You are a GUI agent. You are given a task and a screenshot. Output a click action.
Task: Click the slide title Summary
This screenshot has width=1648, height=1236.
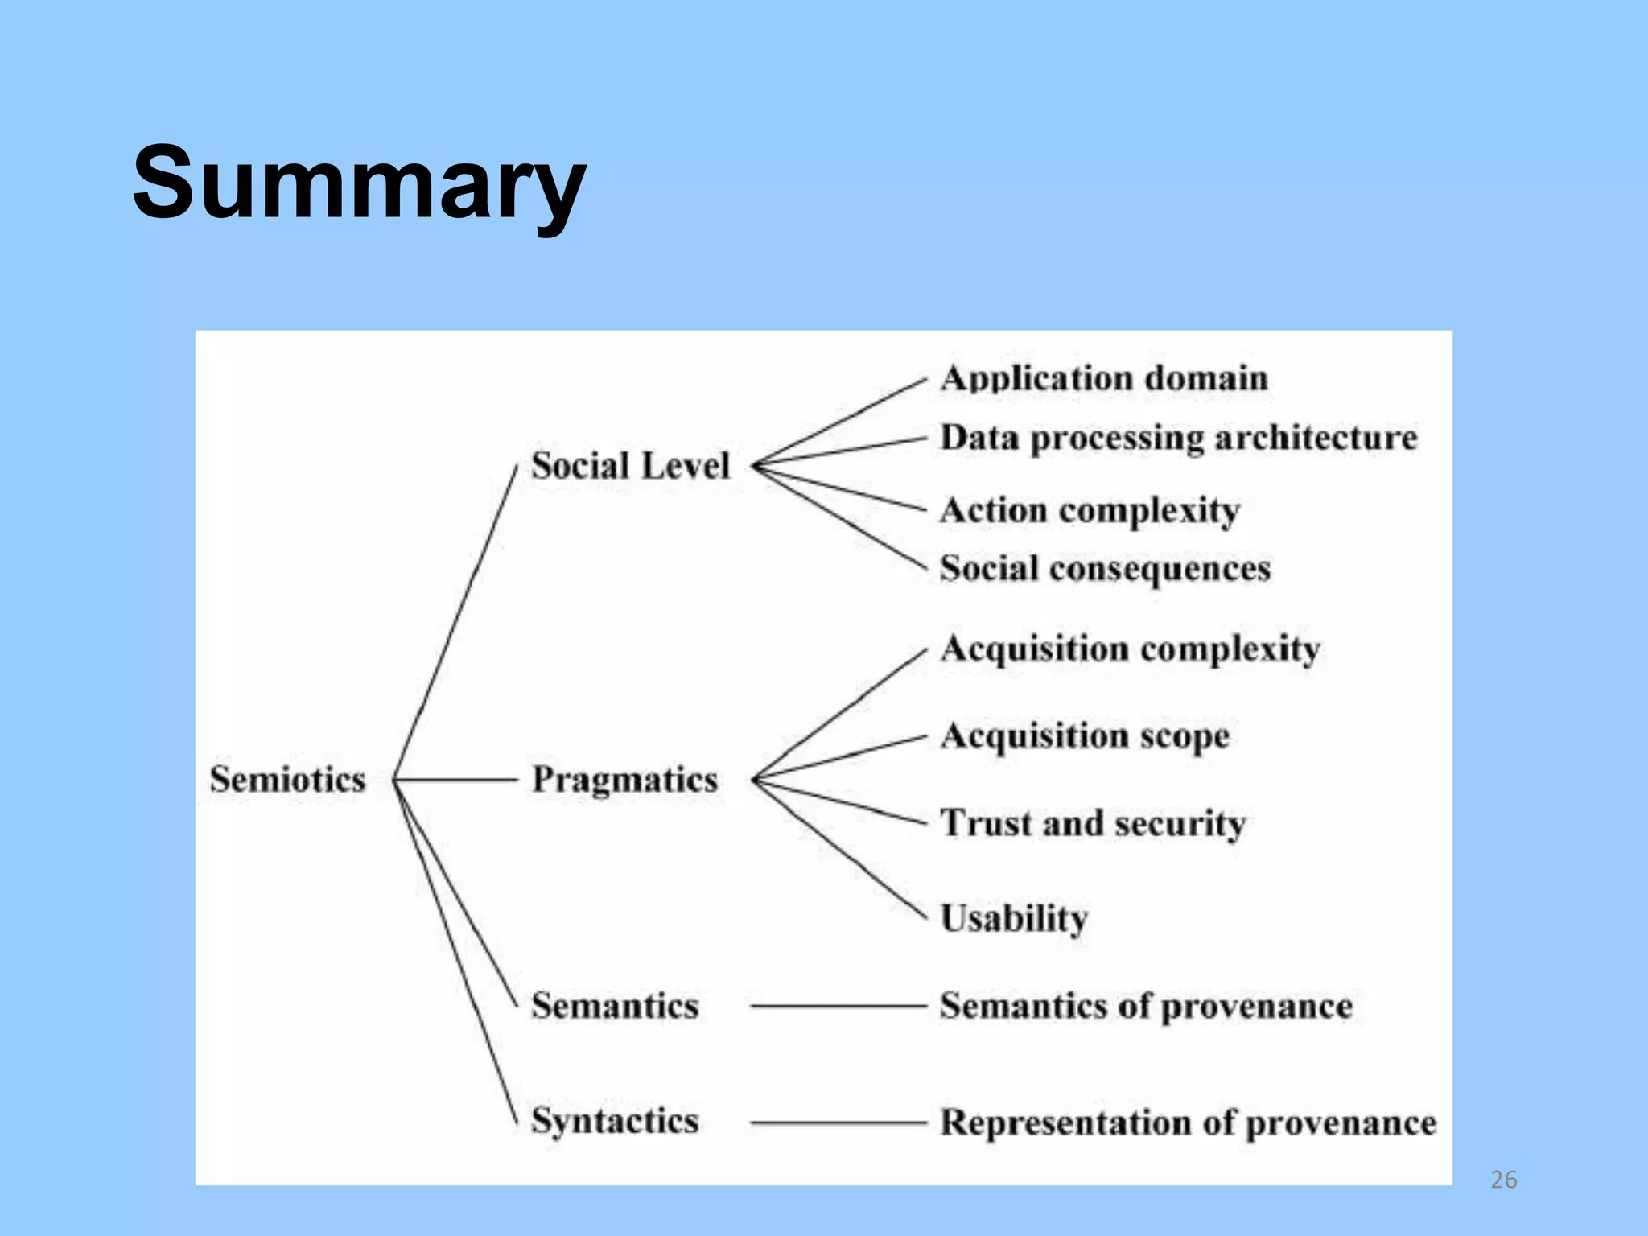(x=359, y=183)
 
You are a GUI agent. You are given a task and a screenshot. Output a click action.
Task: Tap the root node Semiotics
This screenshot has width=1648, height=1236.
(x=287, y=779)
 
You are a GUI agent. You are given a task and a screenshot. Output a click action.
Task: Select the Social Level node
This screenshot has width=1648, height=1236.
(x=630, y=466)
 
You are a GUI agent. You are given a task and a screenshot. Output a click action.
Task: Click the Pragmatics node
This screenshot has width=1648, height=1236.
(x=624, y=780)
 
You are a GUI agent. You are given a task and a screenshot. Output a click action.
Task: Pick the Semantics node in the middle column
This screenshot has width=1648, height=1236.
(x=615, y=1006)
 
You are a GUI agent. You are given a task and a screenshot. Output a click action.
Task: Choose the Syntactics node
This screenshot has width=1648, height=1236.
(x=615, y=1121)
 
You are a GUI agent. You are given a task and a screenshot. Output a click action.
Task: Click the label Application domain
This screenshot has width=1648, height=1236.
(x=1104, y=378)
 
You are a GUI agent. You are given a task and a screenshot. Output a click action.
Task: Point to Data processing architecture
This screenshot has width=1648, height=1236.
(x=1179, y=439)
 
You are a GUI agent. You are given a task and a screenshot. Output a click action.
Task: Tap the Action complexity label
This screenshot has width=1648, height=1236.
(x=1090, y=511)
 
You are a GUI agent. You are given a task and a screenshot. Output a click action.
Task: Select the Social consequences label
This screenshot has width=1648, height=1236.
(x=1105, y=569)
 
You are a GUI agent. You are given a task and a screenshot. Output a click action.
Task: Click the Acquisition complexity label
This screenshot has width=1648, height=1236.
(x=1130, y=649)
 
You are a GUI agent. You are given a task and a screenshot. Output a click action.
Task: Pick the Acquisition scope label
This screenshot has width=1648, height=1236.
(x=1085, y=736)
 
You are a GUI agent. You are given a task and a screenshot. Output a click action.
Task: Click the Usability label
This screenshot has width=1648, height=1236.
(x=1014, y=918)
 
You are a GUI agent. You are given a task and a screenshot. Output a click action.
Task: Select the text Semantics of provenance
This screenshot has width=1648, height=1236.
(x=1146, y=1006)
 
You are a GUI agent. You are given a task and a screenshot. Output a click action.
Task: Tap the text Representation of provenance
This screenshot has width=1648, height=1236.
(x=1188, y=1123)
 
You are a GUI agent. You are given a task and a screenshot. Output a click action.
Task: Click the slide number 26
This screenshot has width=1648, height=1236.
(x=1503, y=1180)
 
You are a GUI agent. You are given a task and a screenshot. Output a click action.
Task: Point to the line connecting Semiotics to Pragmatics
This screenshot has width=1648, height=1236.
(x=455, y=780)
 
